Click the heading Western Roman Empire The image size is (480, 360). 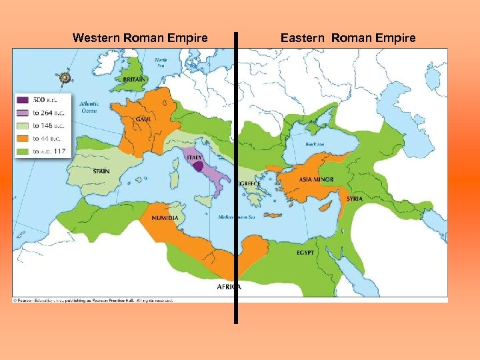[140, 38]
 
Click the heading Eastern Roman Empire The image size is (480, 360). [348, 38]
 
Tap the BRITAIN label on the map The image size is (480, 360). [134, 79]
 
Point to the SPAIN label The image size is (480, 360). [101, 171]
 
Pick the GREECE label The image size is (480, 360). [249, 183]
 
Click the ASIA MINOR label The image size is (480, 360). [317, 180]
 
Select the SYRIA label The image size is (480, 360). [355, 199]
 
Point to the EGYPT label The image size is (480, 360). [305, 253]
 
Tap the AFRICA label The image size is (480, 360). [229, 287]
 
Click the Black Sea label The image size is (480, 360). [314, 144]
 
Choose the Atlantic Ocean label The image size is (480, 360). [89, 107]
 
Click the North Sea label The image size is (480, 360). [161, 63]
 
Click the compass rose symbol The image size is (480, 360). [65, 78]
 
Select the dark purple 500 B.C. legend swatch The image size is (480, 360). [22, 100]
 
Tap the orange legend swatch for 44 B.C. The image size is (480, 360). [22, 139]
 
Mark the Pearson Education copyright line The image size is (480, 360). [93, 301]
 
